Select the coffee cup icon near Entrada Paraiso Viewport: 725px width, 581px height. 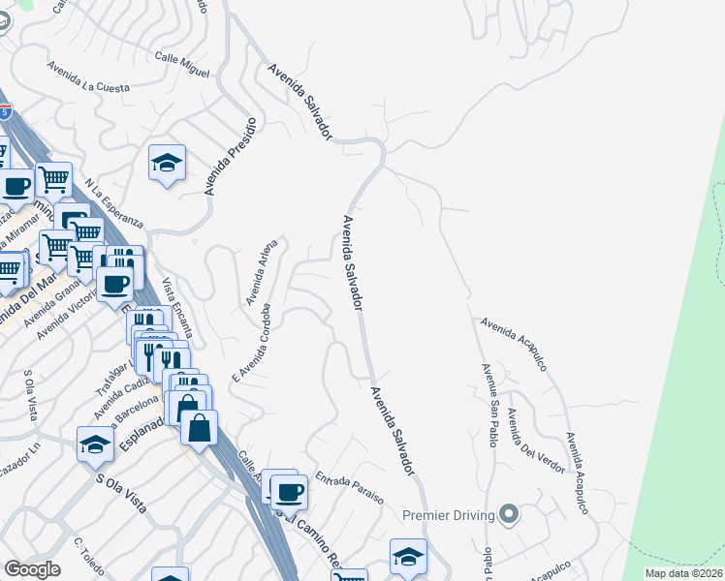(289, 492)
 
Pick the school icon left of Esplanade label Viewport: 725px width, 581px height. (96, 444)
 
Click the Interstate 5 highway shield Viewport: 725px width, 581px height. (7, 113)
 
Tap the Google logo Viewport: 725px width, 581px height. (32, 569)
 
